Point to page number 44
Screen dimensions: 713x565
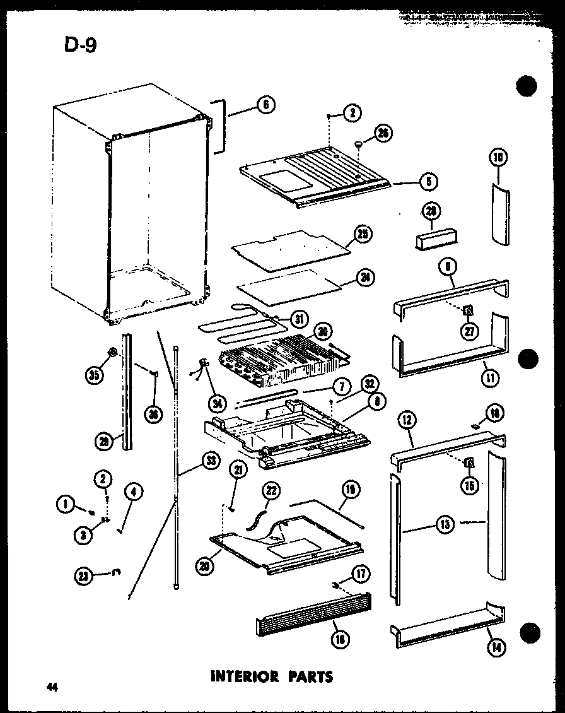pos(51,687)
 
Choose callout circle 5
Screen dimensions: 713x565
pos(428,182)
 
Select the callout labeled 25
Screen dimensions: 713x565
pos(363,234)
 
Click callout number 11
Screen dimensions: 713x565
pos(490,378)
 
